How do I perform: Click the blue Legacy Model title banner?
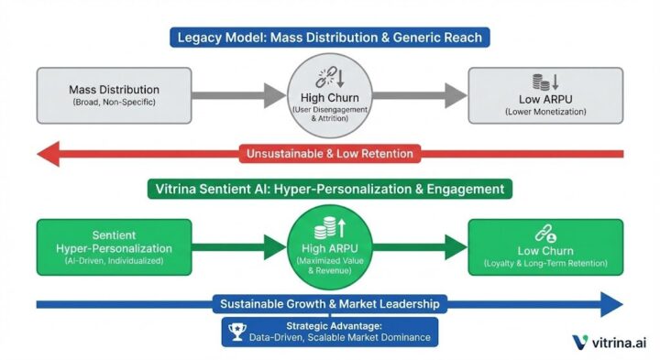click(x=329, y=38)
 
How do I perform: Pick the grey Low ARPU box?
click(x=545, y=95)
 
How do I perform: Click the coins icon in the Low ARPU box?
click(x=542, y=82)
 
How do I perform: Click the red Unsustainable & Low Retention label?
click(x=329, y=153)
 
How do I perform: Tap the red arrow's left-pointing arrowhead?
click(x=50, y=153)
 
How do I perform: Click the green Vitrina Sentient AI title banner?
click(x=329, y=189)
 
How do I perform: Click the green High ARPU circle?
click(x=330, y=247)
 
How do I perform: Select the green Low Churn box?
click(x=545, y=247)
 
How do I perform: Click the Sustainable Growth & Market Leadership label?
click(x=329, y=304)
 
